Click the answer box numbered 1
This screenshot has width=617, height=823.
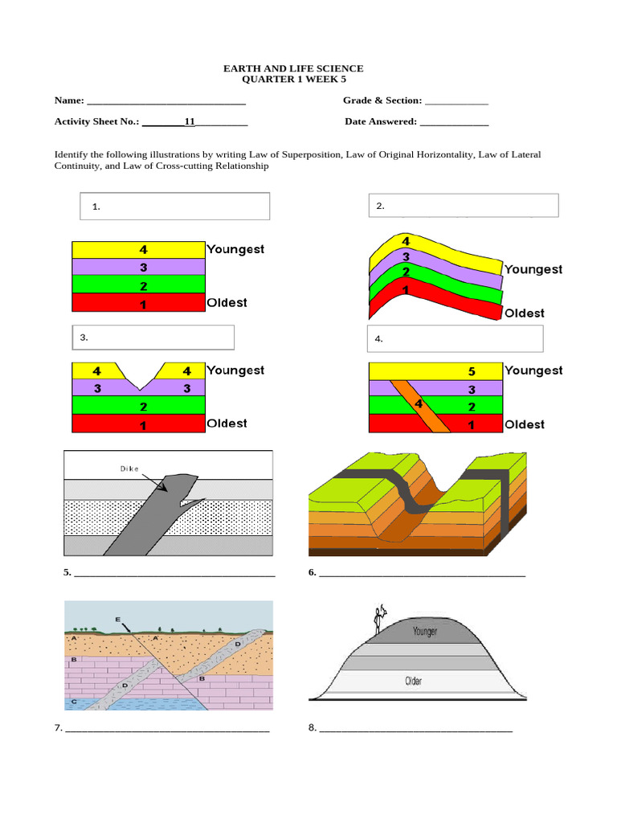[174, 207]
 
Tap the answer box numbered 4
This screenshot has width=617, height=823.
[455, 338]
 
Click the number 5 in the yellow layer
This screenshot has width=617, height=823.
[472, 371]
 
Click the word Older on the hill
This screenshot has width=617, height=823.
[413, 682]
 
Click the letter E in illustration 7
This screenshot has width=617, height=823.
[118, 619]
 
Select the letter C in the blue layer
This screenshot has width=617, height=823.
[74, 702]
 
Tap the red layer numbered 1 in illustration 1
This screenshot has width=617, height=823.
[138, 303]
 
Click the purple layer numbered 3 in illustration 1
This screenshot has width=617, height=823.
[138, 267]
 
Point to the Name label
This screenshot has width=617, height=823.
[69, 100]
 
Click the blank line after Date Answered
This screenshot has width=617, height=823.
[454, 123]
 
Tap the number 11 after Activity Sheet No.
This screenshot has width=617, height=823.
[190, 122]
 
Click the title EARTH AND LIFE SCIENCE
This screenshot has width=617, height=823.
[293, 69]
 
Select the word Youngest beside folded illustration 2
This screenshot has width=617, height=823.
[533, 269]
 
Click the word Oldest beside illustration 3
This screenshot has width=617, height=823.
[227, 424]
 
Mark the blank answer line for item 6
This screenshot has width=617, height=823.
[423, 574]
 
